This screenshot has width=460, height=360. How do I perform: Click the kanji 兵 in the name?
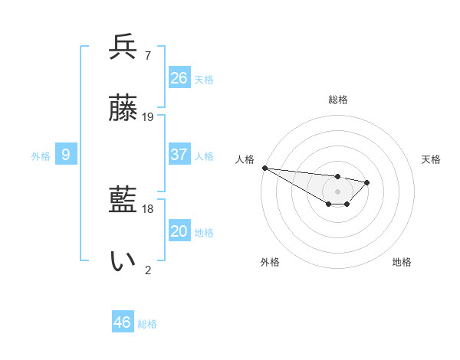click(123, 47)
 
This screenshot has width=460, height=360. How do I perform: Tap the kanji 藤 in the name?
click(123, 110)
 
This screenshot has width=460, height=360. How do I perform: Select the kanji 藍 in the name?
click(123, 201)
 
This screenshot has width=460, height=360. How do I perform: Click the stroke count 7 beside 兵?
click(147, 56)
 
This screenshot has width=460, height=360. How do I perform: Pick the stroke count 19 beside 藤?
click(148, 117)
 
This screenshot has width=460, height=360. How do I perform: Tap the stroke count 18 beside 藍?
click(148, 209)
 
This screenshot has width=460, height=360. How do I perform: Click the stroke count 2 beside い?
click(148, 270)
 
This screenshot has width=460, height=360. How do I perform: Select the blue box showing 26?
click(179, 78)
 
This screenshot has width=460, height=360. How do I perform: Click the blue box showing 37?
click(179, 155)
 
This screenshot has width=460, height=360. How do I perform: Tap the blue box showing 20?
click(179, 231)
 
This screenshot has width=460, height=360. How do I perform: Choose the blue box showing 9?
click(66, 155)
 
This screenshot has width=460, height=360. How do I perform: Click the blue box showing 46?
click(123, 322)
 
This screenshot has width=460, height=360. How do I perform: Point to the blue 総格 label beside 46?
click(147, 324)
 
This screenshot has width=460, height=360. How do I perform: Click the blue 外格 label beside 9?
click(41, 156)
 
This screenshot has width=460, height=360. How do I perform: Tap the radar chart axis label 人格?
click(245, 159)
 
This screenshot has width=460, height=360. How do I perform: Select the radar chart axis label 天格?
click(432, 159)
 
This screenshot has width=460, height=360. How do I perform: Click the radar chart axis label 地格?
click(402, 262)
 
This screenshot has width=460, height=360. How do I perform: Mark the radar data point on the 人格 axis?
click(264, 168)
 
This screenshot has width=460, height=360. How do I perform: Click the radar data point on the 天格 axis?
click(367, 182)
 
